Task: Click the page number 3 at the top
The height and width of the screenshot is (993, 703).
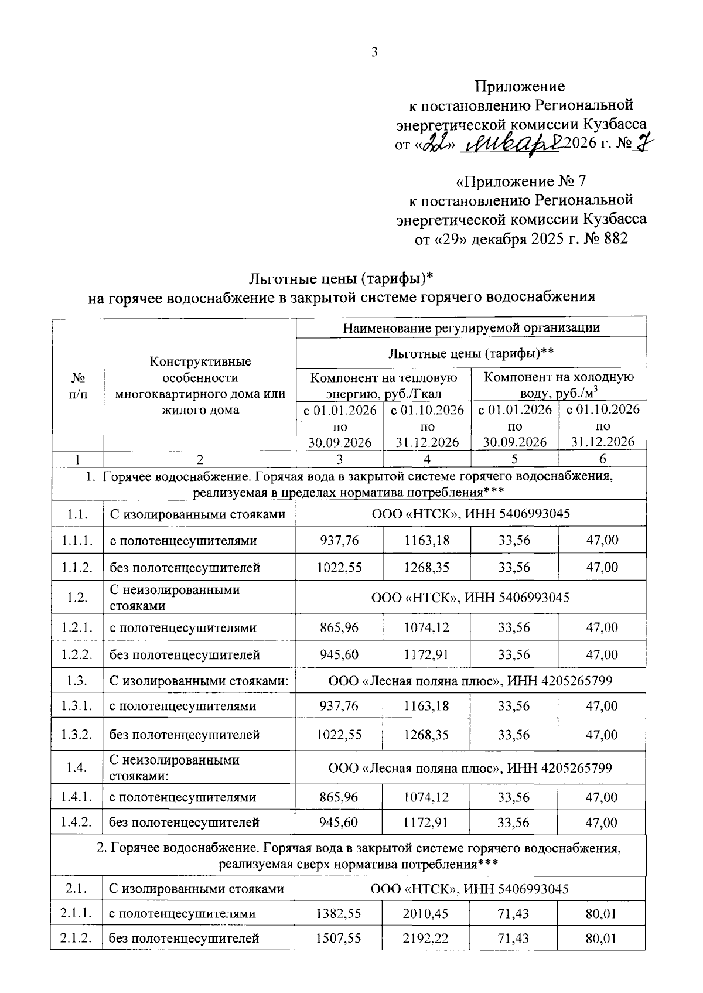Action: tap(374, 52)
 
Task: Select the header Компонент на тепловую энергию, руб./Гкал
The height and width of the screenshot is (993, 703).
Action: tap(383, 385)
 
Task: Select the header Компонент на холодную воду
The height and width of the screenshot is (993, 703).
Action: tap(558, 385)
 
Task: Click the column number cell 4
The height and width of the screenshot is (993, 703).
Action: tap(426, 459)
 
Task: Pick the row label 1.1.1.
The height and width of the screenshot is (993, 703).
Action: tap(77, 540)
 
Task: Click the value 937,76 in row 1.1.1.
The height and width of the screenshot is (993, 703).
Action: tap(339, 540)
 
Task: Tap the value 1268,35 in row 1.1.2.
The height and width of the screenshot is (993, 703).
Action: tap(426, 567)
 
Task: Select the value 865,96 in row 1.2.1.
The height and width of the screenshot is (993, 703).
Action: tap(339, 627)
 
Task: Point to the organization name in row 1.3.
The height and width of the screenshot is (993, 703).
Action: tap(470, 681)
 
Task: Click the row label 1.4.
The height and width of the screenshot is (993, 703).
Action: tap(77, 768)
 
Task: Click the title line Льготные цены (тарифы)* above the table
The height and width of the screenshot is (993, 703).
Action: tap(341, 277)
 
